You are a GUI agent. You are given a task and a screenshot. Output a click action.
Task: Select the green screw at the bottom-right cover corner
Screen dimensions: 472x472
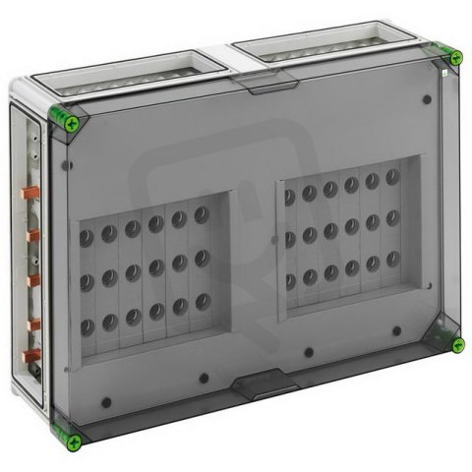click(457, 344)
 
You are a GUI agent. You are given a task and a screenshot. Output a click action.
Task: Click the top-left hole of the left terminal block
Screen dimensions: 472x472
click(86, 235)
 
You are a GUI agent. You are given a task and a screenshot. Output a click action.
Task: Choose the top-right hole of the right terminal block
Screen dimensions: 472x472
click(392, 177)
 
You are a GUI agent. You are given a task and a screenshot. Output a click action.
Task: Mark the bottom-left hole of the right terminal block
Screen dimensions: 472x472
click(289, 282)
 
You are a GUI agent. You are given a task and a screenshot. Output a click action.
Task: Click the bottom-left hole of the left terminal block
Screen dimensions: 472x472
click(87, 325)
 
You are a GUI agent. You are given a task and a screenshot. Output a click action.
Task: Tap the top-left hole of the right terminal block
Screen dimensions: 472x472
click(288, 197)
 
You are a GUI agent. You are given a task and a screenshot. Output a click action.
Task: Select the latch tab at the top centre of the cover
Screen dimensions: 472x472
click(265, 87)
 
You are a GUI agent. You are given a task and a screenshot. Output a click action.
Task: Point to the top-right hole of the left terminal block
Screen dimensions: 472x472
click(201, 213)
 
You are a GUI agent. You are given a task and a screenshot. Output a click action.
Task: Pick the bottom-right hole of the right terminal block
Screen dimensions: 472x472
click(392, 258)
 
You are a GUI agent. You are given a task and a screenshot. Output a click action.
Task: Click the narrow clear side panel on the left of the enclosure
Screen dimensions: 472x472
click(30, 275)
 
